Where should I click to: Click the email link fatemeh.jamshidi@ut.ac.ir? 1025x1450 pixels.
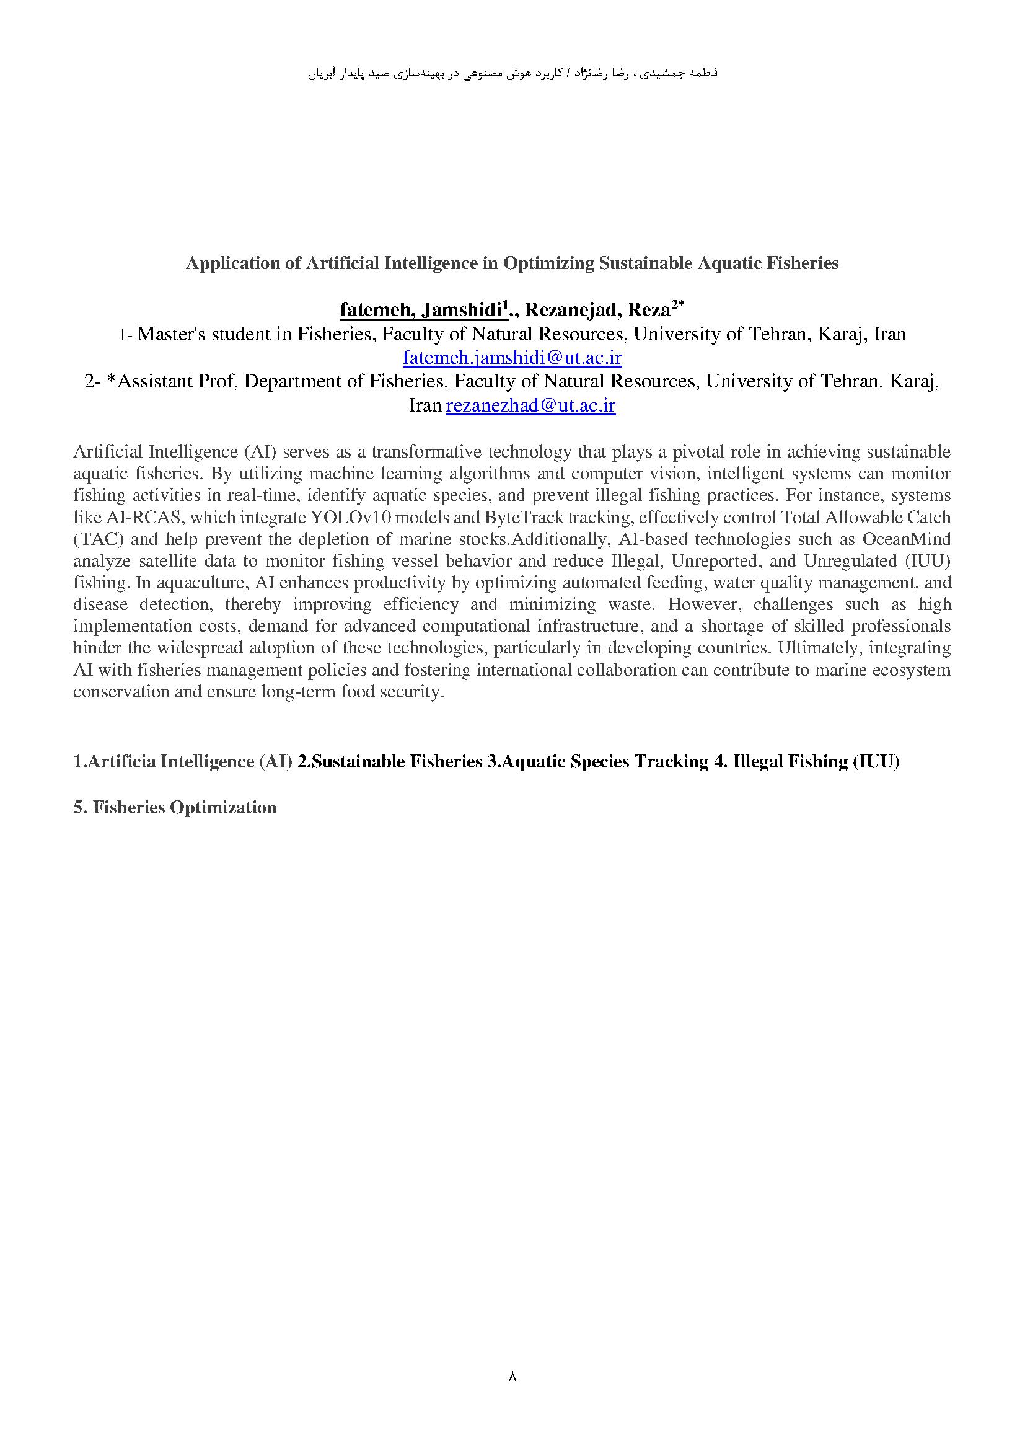[x=512, y=358]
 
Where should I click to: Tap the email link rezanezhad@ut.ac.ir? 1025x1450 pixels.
[x=530, y=405]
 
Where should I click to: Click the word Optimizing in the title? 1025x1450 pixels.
[x=548, y=263]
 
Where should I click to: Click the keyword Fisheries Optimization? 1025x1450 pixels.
[x=184, y=808]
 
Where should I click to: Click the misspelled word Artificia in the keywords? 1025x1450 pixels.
[x=121, y=762]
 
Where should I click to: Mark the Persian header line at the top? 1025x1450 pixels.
[x=512, y=73]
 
